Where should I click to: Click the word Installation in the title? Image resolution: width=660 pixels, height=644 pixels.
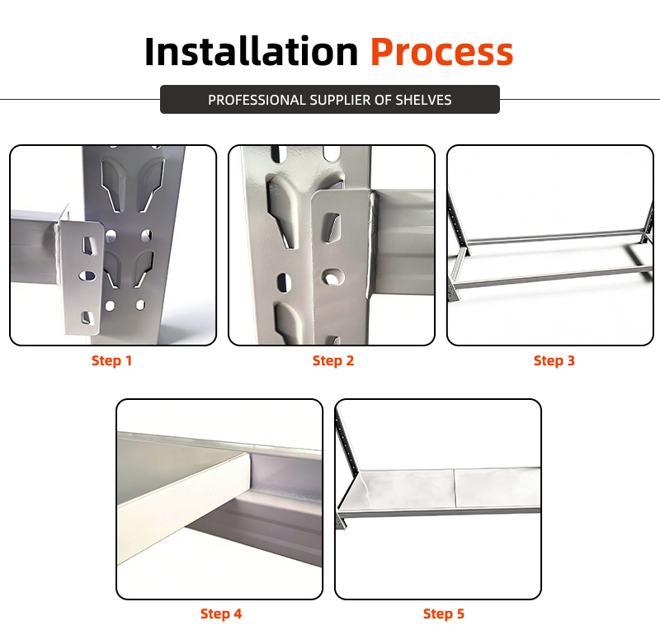251,51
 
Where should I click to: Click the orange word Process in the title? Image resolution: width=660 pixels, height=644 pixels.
442,51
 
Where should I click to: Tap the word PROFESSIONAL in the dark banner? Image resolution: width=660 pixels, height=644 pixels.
257,100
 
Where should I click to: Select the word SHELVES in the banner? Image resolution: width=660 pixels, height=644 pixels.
423,100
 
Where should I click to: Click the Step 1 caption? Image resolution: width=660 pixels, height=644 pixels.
112,360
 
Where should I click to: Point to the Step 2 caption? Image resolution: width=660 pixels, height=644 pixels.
333,360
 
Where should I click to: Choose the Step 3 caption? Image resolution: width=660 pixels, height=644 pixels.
554,360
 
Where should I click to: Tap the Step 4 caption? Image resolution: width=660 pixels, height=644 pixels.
221,613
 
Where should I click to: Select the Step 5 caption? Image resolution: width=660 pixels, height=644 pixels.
444,613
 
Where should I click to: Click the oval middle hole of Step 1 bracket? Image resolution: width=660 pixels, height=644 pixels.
87,276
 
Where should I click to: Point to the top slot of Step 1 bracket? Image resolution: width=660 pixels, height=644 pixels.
87,246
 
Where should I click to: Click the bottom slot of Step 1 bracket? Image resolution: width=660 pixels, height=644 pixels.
87,317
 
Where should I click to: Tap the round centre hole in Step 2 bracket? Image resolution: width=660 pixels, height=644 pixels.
332,277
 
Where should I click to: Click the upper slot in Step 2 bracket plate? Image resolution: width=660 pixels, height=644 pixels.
332,228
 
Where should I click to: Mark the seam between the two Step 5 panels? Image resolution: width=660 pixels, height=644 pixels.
455,488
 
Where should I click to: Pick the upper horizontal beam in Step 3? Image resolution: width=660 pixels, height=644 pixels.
554,237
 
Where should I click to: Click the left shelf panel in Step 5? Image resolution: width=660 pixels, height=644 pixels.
400,489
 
